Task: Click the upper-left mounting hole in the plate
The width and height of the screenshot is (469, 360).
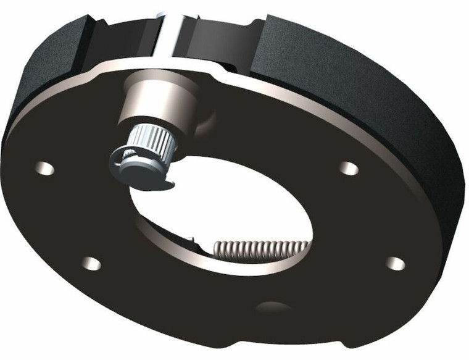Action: (45, 167)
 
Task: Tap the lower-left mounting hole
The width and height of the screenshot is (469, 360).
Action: (91, 264)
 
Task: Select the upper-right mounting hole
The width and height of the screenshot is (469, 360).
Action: (349, 168)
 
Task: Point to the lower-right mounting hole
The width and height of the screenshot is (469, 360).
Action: (396, 264)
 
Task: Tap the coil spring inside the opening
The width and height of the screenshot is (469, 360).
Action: (259, 249)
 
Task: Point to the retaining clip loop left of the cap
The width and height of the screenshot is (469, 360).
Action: (117, 159)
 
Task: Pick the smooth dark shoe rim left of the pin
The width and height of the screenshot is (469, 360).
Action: (123, 37)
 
